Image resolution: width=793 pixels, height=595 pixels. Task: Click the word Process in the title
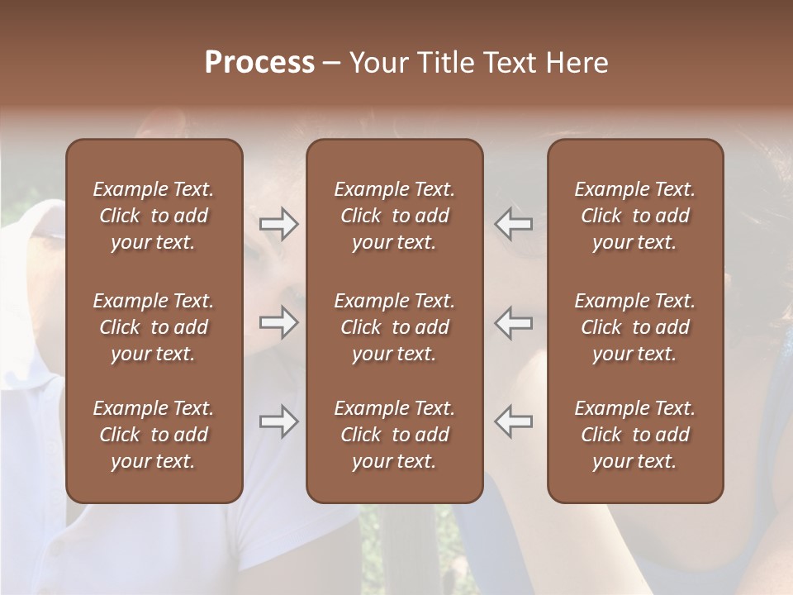(259, 63)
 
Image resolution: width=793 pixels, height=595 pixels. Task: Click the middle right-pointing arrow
(278, 322)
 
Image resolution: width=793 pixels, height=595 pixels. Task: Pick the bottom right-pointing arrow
(278, 421)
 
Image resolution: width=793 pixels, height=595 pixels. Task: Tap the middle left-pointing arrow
(514, 322)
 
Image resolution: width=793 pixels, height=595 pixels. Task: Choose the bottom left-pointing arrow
(514, 421)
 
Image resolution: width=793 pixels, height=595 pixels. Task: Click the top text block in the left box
(154, 216)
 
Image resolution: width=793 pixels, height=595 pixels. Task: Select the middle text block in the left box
(154, 327)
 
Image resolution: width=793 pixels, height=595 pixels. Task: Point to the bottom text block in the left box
(154, 435)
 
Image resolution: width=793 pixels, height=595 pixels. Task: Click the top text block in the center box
(395, 216)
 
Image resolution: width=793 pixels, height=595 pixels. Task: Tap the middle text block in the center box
(395, 327)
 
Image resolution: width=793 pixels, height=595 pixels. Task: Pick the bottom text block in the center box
(395, 435)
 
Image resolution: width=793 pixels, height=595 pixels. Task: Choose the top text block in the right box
(635, 216)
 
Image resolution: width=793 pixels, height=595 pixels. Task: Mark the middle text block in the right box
(635, 327)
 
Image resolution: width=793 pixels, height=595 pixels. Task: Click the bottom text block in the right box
(635, 435)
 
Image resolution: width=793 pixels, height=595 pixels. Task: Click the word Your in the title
(378, 63)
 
